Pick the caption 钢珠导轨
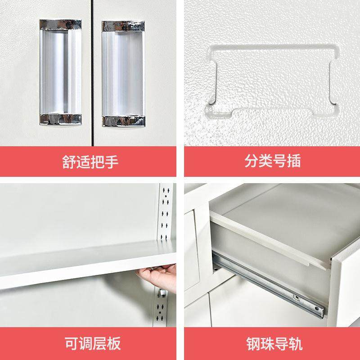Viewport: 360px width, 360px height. tap(272, 344)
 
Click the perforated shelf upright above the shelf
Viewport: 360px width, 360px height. tap(166, 211)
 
